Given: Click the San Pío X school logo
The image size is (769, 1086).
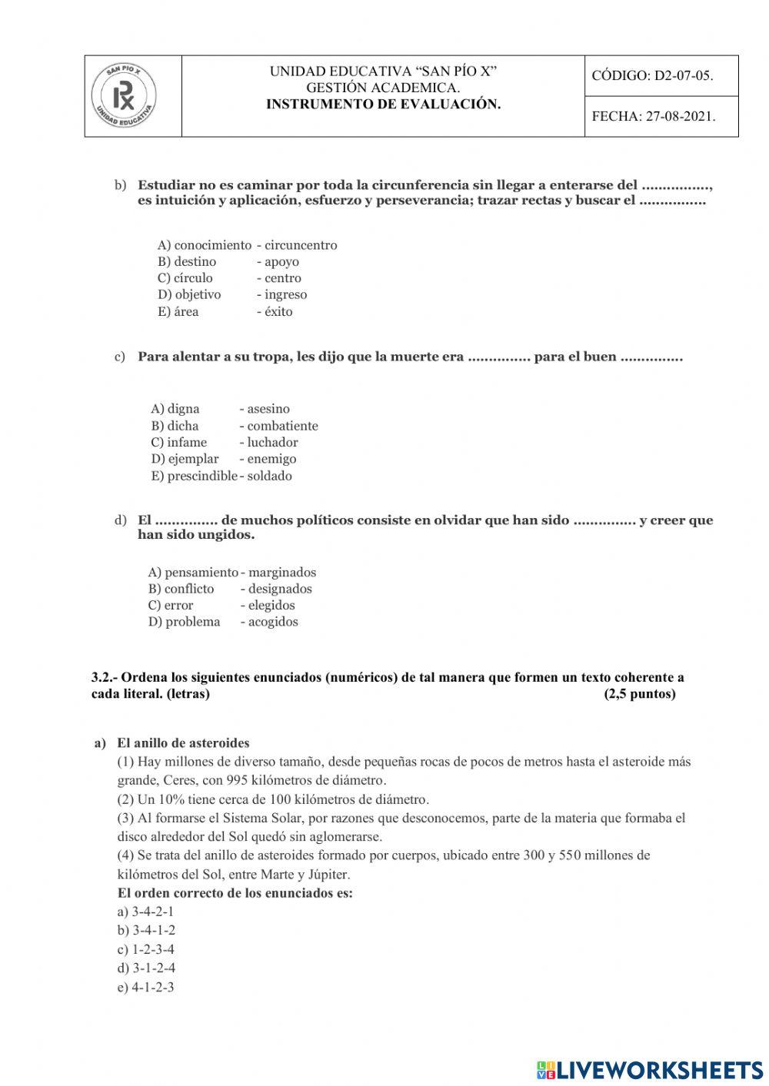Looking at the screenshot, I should click(124, 97).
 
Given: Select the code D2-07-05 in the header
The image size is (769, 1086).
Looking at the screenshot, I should click(652, 75).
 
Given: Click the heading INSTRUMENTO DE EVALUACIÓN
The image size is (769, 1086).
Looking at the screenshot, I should click(383, 105).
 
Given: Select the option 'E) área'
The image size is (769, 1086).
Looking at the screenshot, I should click(178, 311).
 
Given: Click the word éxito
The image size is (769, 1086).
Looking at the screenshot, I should click(278, 311).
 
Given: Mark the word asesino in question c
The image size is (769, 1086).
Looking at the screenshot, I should click(268, 409).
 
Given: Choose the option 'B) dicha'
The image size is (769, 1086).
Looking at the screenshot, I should click(175, 426).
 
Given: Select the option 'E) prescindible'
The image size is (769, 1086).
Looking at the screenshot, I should click(194, 476).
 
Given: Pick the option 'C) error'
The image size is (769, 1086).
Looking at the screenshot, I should click(171, 605).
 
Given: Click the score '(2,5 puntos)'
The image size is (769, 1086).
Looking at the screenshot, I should click(640, 694).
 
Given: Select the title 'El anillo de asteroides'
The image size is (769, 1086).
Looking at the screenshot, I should click(183, 743).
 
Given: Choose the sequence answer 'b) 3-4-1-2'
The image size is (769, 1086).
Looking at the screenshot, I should click(146, 930).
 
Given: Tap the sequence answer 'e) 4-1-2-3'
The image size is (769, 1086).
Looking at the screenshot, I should click(145, 987).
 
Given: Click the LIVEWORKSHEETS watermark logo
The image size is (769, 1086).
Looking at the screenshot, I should click(650, 1069).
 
